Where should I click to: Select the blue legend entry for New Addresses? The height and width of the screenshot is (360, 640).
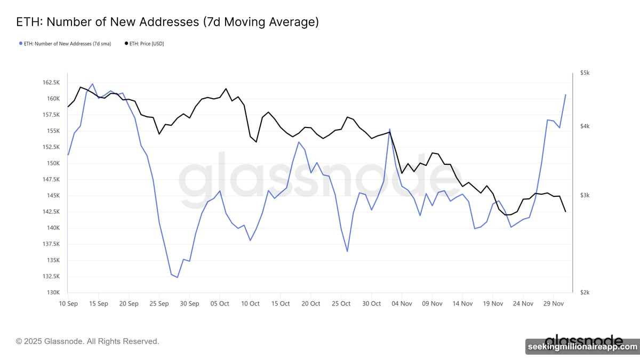65,44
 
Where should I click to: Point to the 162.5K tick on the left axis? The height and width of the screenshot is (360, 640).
52,83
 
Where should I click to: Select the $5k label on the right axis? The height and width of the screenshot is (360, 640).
585,73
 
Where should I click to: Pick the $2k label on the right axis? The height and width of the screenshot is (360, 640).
585,293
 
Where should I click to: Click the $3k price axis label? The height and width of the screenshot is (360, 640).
585,196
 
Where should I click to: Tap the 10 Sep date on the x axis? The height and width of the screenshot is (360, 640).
68,303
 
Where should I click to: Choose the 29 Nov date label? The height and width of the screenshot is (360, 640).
553,303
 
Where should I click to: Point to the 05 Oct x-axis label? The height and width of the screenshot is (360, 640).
220,303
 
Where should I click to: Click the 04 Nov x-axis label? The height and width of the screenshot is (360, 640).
402,303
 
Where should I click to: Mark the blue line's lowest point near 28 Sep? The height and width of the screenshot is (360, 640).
177,277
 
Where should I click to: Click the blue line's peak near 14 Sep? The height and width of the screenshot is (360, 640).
92,84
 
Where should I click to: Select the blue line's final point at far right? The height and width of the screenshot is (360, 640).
565,95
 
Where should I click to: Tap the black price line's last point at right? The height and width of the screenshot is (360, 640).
565,212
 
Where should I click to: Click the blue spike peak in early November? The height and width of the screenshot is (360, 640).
390,129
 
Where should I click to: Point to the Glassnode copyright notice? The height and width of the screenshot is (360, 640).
87,341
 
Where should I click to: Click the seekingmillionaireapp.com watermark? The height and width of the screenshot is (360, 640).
582,347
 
